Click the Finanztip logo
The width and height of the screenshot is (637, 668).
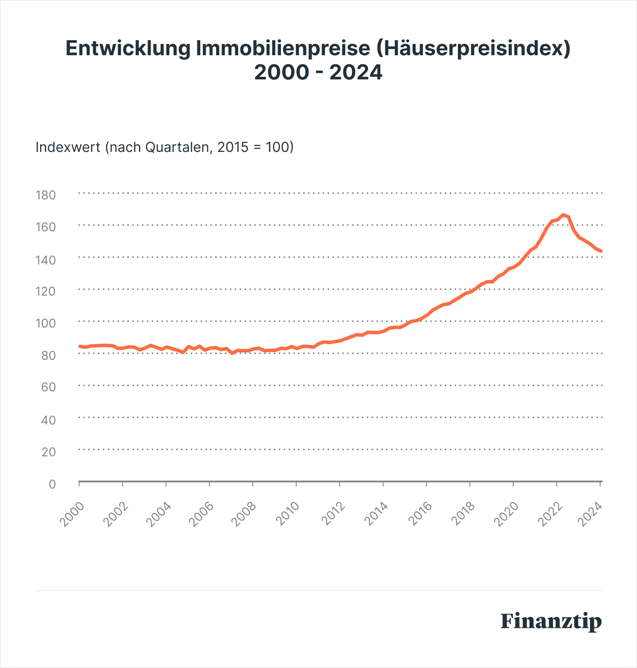click(x=551, y=622)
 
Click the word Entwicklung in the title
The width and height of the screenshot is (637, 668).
click(x=128, y=48)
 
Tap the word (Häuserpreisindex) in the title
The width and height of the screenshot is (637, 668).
click(x=473, y=48)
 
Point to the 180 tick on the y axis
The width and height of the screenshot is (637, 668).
click(x=46, y=195)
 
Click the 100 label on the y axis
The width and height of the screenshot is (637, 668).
click(x=46, y=323)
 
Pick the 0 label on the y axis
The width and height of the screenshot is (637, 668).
click(x=52, y=484)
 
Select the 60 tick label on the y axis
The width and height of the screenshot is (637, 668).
click(x=48, y=387)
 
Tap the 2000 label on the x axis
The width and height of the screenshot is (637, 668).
click(x=72, y=514)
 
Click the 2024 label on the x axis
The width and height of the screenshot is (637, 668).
click(x=590, y=514)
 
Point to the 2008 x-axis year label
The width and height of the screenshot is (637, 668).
click(x=244, y=514)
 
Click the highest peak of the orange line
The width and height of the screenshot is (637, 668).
click(x=563, y=215)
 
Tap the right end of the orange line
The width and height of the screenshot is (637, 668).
click(x=601, y=251)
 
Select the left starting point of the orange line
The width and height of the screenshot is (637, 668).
click(x=79, y=346)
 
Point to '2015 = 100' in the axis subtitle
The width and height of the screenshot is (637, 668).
click(x=255, y=147)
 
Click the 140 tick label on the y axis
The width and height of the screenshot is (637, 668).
click(x=46, y=260)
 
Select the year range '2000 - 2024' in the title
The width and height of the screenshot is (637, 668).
click(x=318, y=72)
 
